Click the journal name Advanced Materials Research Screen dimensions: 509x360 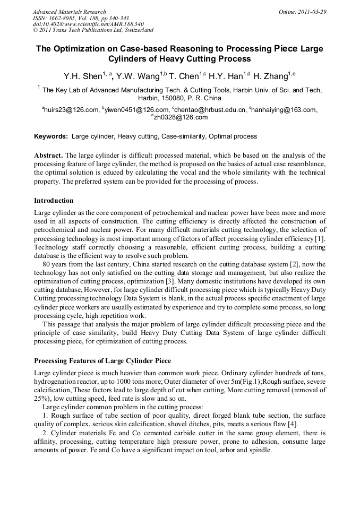69,12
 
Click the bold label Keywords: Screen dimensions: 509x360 51,136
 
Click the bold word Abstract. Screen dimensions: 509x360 48,156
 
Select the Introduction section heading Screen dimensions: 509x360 54,201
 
